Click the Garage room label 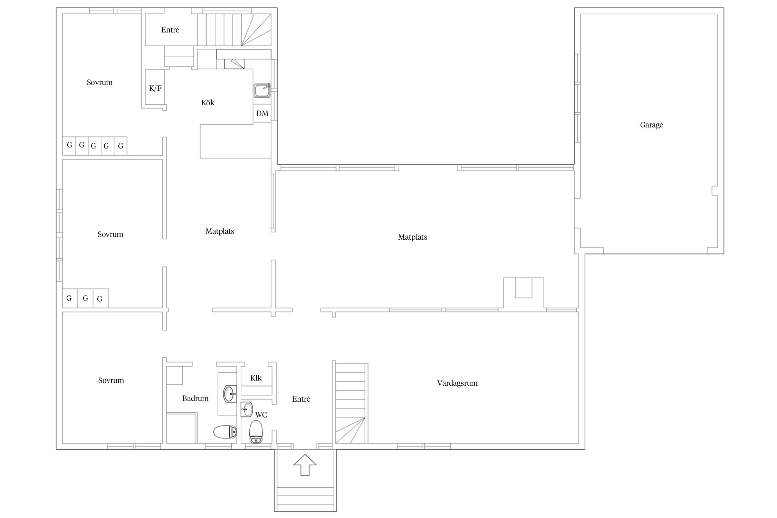(x=651, y=125)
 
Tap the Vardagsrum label (x=457, y=383)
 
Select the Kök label (x=208, y=103)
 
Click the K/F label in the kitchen (x=155, y=88)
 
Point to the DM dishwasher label (x=262, y=113)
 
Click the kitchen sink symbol (x=262, y=90)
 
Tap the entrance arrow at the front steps (x=305, y=465)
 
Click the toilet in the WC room (x=256, y=432)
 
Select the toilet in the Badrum (x=225, y=432)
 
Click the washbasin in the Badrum (x=230, y=394)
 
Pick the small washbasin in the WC (x=247, y=410)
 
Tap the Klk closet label (x=256, y=378)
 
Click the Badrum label (x=195, y=399)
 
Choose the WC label (x=261, y=415)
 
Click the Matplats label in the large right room (x=413, y=237)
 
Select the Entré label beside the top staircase (x=170, y=30)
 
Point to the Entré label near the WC (x=301, y=399)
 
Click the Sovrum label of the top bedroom (x=99, y=83)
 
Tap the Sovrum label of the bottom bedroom (x=111, y=381)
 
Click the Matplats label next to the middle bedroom (x=220, y=231)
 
